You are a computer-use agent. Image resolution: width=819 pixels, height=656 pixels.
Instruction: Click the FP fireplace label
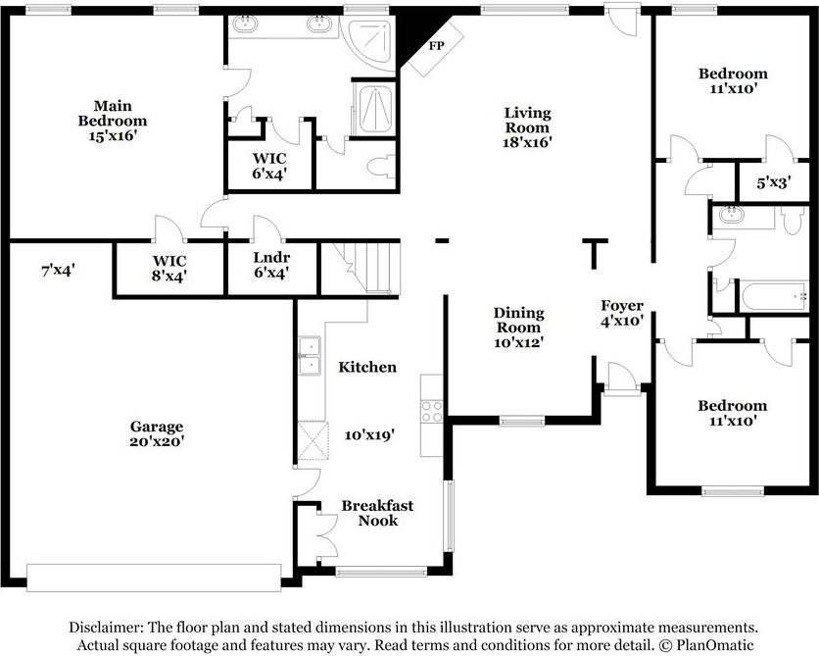click(437, 45)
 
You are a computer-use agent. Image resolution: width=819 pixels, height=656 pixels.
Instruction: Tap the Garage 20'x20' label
click(157, 433)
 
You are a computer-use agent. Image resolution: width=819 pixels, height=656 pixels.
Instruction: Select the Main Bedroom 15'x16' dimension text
click(113, 136)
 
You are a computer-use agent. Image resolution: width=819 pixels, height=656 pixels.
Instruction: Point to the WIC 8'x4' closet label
click(169, 268)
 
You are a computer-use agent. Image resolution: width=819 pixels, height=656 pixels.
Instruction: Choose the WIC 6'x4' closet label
click(269, 166)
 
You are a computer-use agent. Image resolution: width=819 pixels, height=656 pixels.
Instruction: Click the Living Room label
click(527, 121)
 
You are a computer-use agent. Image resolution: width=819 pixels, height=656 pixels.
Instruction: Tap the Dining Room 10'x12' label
click(519, 328)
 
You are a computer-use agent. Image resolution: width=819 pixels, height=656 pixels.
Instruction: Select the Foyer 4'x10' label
click(621, 313)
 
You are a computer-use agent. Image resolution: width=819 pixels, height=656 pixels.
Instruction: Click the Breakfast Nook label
click(377, 513)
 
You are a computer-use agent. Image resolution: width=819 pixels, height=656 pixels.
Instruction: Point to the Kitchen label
click(367, 367)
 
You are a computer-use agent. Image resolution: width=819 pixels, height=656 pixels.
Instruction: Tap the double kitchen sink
click(310, 356)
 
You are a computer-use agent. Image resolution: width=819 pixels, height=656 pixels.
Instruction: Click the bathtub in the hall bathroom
click(775, 296)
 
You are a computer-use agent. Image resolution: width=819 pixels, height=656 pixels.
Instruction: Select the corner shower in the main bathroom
click(372, 43)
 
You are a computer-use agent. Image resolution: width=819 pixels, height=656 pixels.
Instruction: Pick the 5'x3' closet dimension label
click(774, 182)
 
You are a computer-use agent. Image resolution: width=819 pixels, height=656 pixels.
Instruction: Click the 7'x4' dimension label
click(58, 271)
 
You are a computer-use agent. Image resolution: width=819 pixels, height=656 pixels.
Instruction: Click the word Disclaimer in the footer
click(105, 627)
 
